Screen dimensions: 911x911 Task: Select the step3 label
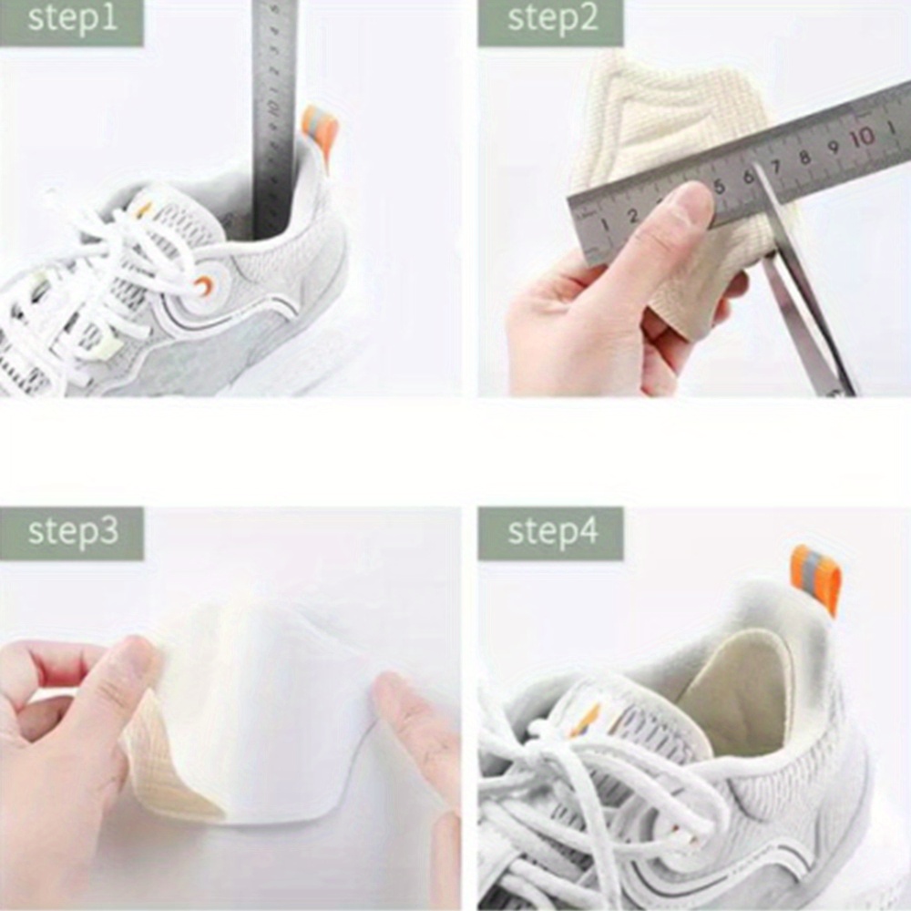point(72,532)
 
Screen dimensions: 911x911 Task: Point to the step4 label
point(551,532)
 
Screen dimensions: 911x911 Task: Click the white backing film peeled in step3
point(273,701)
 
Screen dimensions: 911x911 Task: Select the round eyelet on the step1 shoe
point(203,286)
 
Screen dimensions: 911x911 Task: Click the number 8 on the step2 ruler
point(805,157)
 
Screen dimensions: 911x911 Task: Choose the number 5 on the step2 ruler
point(719,188)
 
